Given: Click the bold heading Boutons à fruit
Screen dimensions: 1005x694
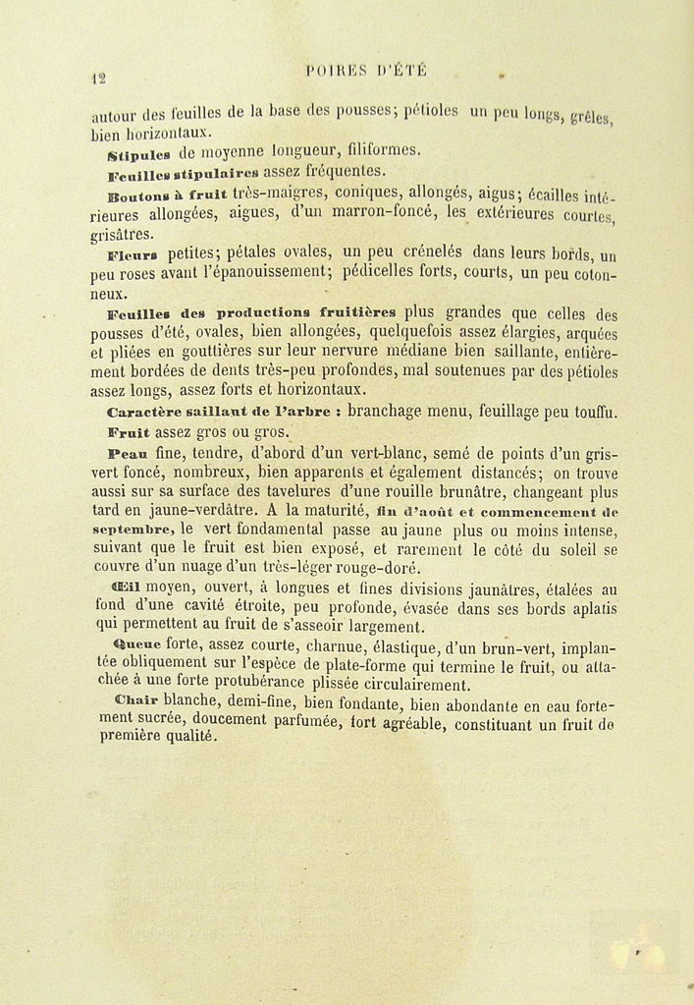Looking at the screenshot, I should tap(169, 195).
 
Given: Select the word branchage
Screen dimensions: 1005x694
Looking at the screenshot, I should tap(392, 413).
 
